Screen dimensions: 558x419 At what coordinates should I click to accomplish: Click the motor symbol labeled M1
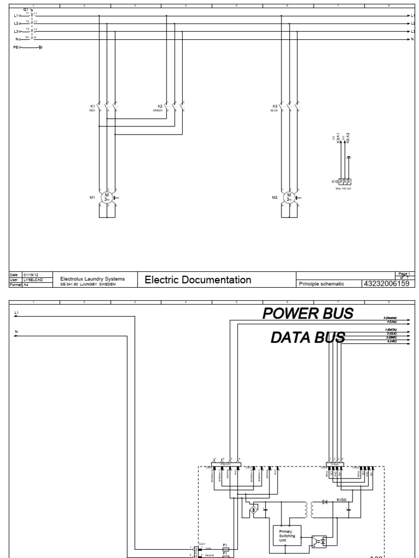[107, 196]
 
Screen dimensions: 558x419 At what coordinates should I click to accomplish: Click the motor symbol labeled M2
[290, 196]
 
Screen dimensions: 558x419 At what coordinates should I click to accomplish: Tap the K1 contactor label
[92, 106]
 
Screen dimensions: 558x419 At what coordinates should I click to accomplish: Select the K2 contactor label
[160, 106]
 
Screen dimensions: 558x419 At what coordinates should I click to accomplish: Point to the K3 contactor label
[274, 106]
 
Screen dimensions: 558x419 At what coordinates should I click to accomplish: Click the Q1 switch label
[26, 9]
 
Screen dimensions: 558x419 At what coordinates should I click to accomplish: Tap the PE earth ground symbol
[40, 47]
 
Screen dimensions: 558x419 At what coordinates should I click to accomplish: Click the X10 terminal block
[345, 181]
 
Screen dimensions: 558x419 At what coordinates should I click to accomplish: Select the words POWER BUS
[308, 313]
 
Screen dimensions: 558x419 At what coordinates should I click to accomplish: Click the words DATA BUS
[308, 338]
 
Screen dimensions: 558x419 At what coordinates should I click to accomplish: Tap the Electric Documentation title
[197, 280]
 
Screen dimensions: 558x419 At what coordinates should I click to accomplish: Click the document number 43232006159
[385, 283]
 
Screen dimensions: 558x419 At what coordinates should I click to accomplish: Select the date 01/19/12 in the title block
[30, 275]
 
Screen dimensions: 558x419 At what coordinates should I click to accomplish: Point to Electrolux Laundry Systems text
[92, 278]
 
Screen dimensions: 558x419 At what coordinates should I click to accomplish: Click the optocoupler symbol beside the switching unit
[319, 541]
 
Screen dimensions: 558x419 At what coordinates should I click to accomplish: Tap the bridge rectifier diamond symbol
[253, 511]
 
